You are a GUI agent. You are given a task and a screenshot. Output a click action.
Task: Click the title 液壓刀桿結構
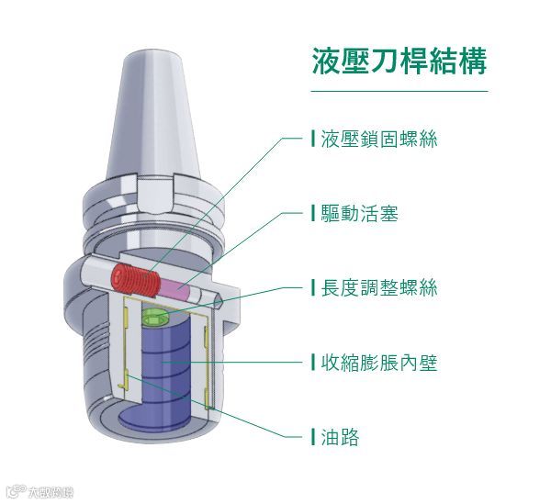point(399,62)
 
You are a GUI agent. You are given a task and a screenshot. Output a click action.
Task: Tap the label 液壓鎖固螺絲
point(378,140)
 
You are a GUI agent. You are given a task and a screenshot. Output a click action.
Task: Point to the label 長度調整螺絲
point(378,287)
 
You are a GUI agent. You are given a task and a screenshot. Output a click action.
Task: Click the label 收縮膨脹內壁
point(378,362)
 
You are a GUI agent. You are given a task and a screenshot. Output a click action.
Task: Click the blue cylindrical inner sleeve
point(166,376)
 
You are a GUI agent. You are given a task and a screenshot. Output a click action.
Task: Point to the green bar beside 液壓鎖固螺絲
point(313,140)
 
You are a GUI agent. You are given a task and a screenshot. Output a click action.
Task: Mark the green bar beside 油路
point(313,436)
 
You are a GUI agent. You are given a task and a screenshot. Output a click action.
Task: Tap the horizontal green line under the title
point(399,92)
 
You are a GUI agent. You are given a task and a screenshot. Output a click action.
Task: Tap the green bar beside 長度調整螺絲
point(313,287)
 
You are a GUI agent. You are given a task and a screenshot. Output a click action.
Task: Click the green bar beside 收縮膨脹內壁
point(313,362)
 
